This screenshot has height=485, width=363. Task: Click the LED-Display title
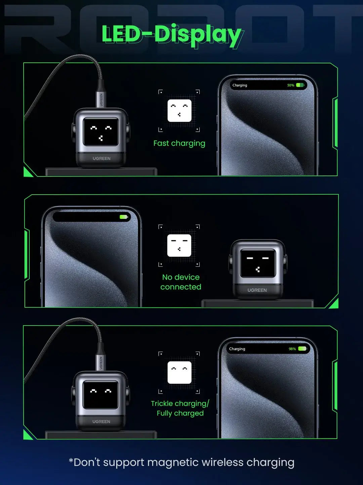tap(171, 35)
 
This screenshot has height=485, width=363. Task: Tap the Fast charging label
tap(179, 143)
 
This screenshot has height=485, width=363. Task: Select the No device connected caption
tap(181, 282)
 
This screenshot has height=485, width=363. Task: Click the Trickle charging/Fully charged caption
tap(180, 408)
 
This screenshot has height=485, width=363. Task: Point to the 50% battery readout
tap(290, 86)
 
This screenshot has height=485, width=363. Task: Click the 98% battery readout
tap(292, 349)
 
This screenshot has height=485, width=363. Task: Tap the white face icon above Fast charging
tap(179, 110)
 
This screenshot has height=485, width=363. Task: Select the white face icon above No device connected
tap(179, 246)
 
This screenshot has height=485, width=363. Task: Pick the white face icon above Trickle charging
tap(179, 373)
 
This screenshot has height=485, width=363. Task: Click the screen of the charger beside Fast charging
tap(101, 132)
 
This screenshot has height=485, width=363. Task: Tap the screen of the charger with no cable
tap(258, 263)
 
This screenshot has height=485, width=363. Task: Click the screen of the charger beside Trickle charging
tap(101, 395)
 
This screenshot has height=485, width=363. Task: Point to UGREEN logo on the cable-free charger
tap(257, 290)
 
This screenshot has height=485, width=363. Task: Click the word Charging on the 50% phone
tap(240, 86)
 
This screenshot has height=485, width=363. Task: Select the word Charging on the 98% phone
tap(237, 349)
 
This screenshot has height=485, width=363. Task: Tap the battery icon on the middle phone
tap(123, 217)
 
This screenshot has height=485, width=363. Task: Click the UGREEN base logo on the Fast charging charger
tap(102, 158)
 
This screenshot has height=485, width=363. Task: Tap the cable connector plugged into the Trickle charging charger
tap(101, 362)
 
